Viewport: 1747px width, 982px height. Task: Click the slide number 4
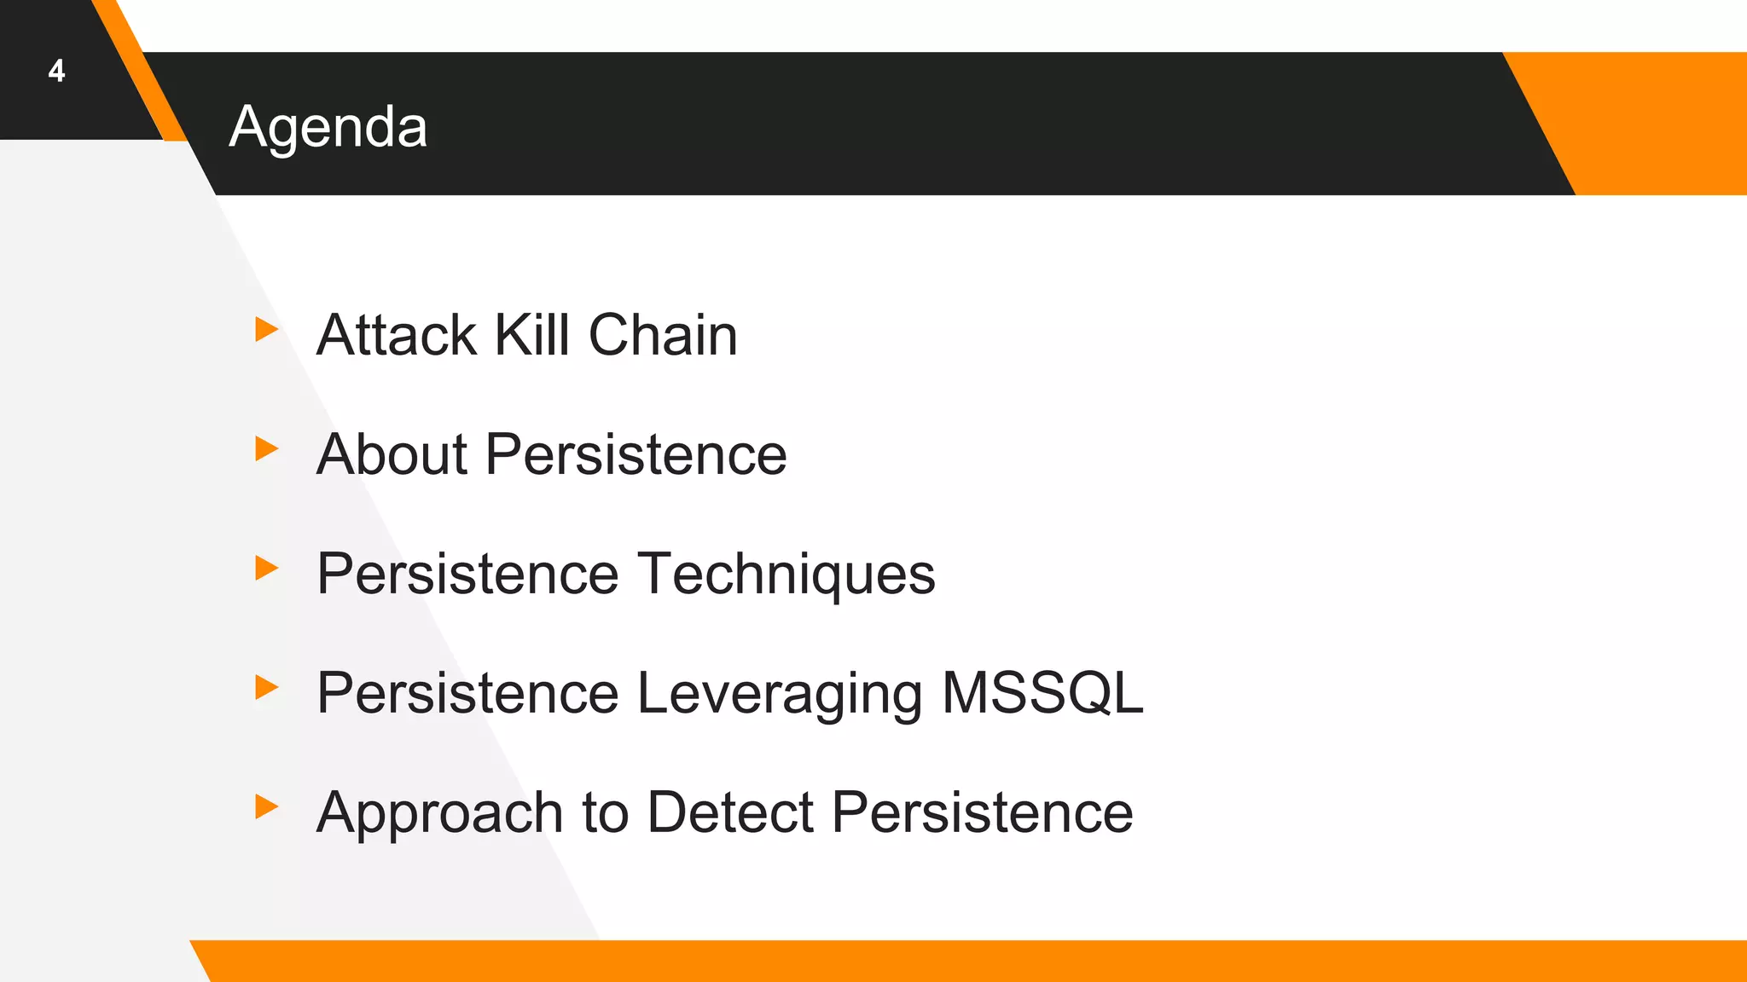point(56,71)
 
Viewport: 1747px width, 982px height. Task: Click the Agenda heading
point(328,128)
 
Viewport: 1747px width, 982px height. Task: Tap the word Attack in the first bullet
point(396,335)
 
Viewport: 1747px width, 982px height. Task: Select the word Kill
point(532,335)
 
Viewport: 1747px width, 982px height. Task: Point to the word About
point(392,454)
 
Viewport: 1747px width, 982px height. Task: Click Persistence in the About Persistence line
point(636,454)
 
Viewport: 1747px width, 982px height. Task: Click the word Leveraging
point(780,693)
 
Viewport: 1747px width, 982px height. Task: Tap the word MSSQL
point(1042,693)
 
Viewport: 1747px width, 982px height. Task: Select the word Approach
point(439,812)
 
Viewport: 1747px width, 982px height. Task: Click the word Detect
point(730,812)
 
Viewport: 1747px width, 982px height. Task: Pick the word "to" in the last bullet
point(605,812)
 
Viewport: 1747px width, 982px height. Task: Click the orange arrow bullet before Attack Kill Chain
point(266,329)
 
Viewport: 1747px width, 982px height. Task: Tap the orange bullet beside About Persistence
point(266,448)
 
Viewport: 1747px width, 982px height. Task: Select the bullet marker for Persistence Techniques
point(266,568)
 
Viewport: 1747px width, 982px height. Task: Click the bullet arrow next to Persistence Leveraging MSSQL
point(266,687)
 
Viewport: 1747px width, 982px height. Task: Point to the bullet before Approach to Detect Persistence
point(266,806)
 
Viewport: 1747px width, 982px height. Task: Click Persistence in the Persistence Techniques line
point(467,574)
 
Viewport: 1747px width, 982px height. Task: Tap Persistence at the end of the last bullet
point(982,812)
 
